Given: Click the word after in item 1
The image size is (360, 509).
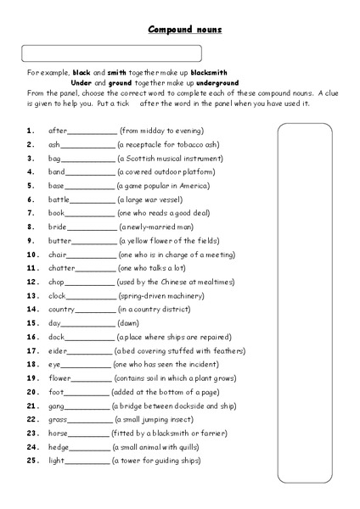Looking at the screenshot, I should coord(57,131).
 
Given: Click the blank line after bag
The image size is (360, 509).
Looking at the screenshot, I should coord(88,159).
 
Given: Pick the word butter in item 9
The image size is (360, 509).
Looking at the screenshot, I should coord(59,240).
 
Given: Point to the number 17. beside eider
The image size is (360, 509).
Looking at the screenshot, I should coord(31,350).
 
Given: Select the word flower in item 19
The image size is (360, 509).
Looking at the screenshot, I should coord(60,378).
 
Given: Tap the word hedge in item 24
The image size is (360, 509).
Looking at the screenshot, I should coord(59,446).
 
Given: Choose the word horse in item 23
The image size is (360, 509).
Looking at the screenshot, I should coord(59,433).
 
